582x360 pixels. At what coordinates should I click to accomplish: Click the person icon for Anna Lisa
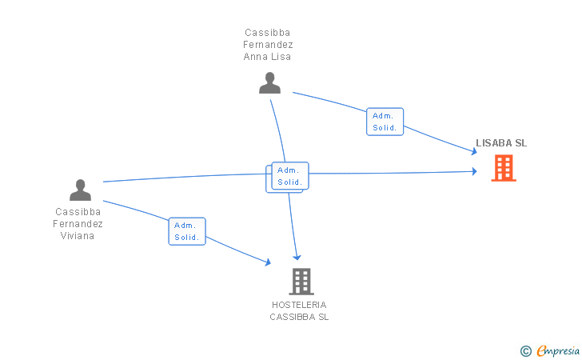tap(270, 83)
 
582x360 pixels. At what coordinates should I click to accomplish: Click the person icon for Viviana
tap(80, 190)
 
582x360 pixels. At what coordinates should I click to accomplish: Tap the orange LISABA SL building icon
tap(504, 168)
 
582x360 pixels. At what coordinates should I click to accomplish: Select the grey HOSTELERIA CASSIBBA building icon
tap(301, 282)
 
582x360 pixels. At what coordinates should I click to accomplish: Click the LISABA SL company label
tap(501, 143)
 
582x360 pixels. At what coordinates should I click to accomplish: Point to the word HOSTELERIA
tap(299, 305)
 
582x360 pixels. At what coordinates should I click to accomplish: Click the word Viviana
tap(78, 236)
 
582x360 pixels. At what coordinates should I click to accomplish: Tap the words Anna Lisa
tap(267, 57)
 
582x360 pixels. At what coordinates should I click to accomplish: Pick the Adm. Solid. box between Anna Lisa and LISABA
tap(385, 122)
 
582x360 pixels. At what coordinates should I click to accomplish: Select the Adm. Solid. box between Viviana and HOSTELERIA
tap(187, 231)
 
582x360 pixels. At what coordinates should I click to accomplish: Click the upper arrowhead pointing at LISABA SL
tap(474, 151)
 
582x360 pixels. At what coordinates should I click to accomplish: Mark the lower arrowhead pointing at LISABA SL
tap(474, 171)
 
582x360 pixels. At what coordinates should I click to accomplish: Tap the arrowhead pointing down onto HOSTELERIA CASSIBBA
tap(297, 257)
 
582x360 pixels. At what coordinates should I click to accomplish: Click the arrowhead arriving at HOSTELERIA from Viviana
tap(268, 262)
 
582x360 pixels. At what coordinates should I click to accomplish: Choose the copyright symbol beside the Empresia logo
tap(525, 351)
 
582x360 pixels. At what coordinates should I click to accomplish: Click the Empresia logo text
tap(558, 350)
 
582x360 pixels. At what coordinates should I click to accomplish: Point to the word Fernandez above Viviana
tap(78, 224)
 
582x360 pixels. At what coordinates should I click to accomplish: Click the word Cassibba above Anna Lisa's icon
tap(267, 33)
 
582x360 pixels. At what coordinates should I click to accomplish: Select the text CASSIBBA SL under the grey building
tap(299, 317)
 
